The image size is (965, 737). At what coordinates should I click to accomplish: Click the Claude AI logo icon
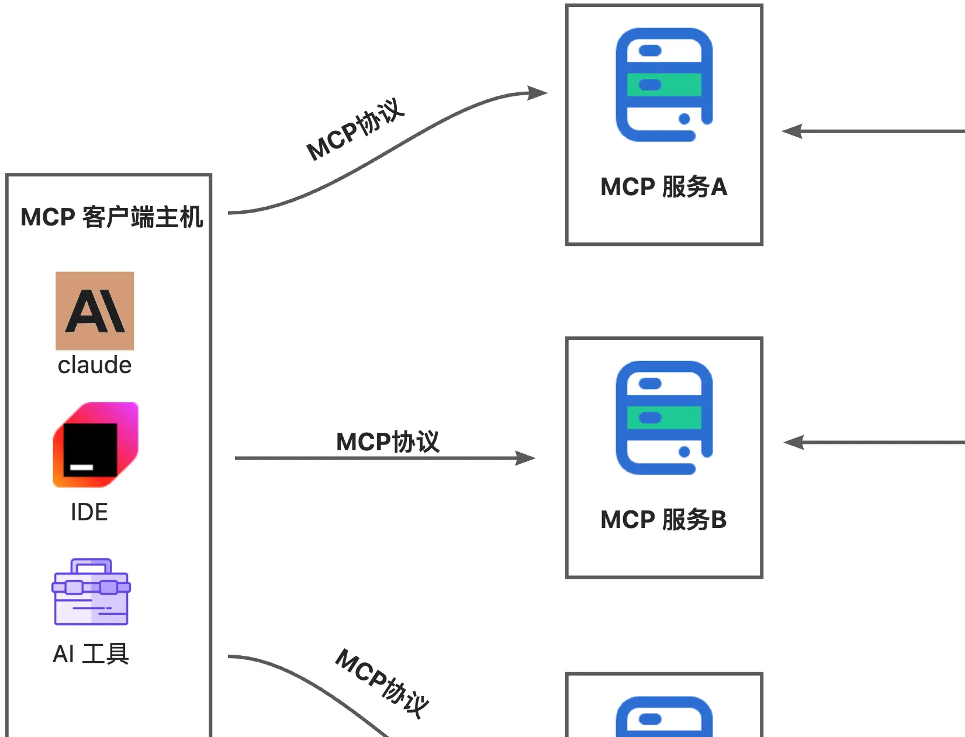95,311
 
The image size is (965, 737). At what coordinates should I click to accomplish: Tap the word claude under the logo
95,366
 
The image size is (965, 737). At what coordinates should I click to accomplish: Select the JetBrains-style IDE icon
95,444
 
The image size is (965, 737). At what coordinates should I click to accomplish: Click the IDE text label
89,512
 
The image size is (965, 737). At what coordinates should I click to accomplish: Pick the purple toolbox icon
91,592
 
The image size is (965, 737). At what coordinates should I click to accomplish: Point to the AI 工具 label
91,654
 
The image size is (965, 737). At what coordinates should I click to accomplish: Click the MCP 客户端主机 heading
112,217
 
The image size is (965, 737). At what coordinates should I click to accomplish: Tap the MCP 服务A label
664,187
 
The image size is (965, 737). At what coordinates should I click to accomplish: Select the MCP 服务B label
664,520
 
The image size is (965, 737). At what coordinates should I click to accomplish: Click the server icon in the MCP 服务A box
664,85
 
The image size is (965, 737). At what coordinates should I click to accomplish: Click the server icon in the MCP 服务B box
664,418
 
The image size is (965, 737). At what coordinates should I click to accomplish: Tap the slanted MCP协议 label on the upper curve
355,130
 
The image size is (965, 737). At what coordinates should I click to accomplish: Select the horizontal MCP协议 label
388,441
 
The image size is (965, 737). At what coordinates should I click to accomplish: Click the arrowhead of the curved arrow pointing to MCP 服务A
538,93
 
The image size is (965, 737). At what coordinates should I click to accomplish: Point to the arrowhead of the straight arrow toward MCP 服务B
526,458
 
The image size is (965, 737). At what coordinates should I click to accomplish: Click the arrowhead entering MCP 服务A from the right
792,131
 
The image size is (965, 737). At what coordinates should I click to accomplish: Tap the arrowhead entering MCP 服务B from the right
793,443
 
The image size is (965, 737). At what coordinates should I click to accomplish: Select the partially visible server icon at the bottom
664,717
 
